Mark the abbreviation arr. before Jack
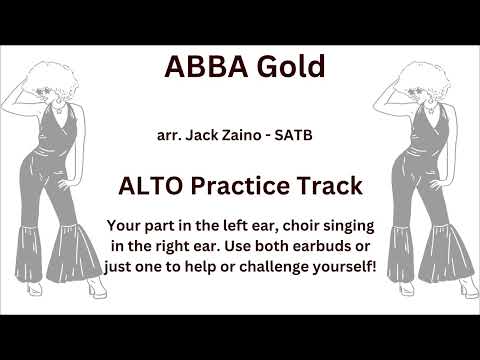coord(169,134)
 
